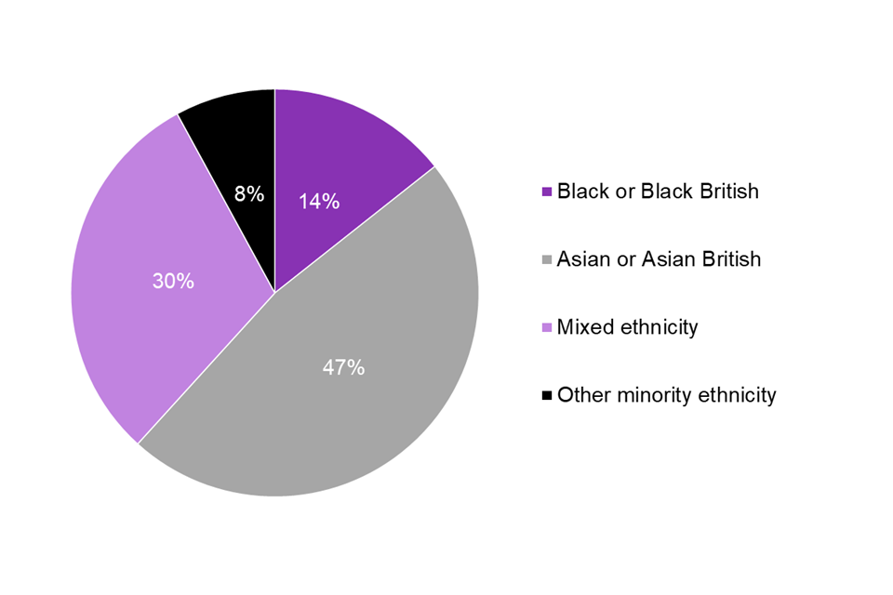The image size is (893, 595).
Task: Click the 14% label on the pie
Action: pos(318,201)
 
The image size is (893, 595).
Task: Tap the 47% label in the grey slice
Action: pos(343,367)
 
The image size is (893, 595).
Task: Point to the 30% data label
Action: pos(173,281)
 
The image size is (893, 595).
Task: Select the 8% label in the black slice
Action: pos(249,194)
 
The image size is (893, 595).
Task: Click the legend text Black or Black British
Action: pos(658,192)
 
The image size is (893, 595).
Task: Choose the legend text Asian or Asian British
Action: pos(659,259)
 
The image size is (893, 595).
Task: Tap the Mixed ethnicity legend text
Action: pos(627,327)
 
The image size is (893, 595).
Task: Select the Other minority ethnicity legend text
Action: pos(666,395)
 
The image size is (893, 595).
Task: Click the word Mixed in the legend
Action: pos(582,327)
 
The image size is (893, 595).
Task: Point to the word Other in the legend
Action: pos(580,395)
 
